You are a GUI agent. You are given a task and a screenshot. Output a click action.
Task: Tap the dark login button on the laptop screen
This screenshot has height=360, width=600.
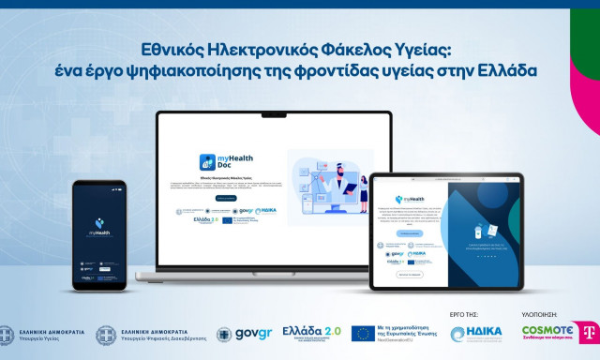click(x=226, y=199)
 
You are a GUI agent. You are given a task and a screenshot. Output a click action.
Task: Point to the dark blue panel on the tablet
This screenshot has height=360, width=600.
click(x=479, y=234)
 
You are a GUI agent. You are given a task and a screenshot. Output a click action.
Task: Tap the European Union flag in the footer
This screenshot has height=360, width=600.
click(x=364, y=335)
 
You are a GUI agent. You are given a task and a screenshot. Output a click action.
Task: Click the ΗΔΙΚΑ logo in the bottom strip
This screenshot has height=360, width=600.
click(x=477, y=335)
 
